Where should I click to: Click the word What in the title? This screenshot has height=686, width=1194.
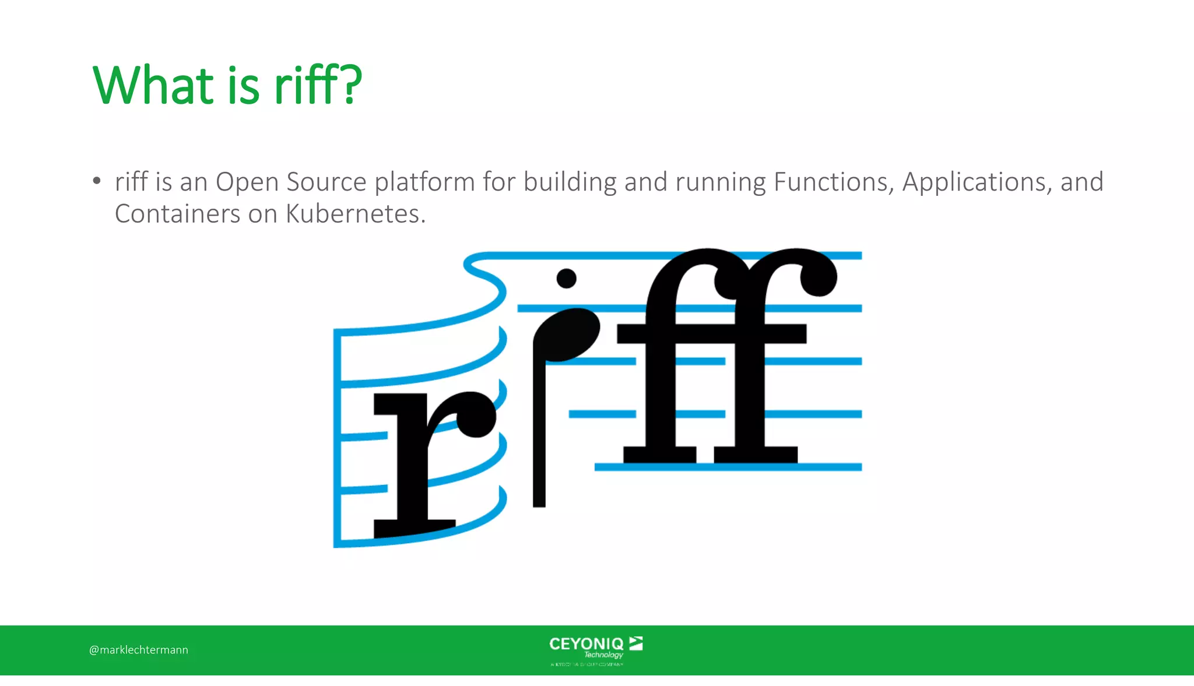coord(153,86)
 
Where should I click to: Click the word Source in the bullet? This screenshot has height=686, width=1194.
coord(326,182)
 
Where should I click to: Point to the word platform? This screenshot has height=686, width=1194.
coord(424,183)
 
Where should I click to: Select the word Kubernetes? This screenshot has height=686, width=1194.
coord(356,214)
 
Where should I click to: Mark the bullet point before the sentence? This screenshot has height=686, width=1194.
coord(97,181)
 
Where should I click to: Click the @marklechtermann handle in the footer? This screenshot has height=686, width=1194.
coord(139,650)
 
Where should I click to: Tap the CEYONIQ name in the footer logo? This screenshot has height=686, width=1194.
coord(586,644)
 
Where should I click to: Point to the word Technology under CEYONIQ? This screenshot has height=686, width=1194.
coord(603,655)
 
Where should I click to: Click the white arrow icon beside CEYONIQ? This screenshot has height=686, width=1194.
coord(636,643)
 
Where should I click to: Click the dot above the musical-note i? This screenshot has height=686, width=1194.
coord(566,278)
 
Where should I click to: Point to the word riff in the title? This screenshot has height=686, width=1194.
coord(307,86)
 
